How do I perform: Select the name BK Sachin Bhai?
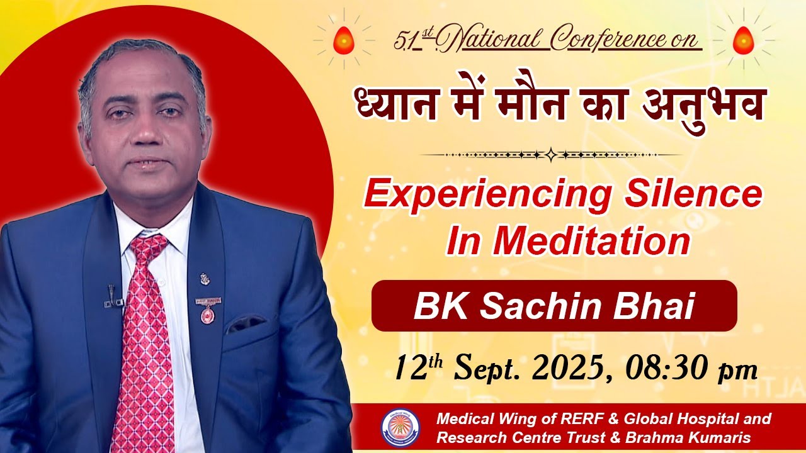(x=553, y=306)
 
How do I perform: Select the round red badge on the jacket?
(x=206, y=315)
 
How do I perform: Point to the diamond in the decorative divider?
(x=551, y=155)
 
